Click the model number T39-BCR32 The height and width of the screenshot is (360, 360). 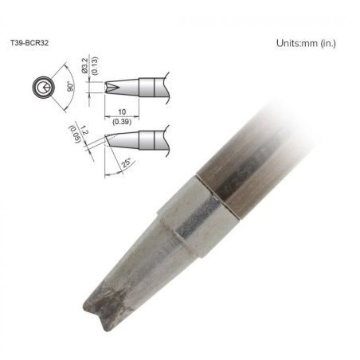coord(29,43)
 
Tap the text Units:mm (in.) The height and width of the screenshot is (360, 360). coord(306,43)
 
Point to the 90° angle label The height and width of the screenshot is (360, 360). coord(70,87)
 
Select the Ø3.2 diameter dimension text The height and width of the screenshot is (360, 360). coord(85,66)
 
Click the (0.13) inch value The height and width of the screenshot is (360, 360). coord(95,65)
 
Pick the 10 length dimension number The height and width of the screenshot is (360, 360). coord(122,112)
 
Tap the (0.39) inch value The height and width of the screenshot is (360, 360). coord(122,122)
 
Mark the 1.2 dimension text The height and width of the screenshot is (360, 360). coord(84,131)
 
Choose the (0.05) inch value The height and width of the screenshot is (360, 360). coord(75,135)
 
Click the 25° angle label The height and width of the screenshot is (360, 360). coord(127,162)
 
